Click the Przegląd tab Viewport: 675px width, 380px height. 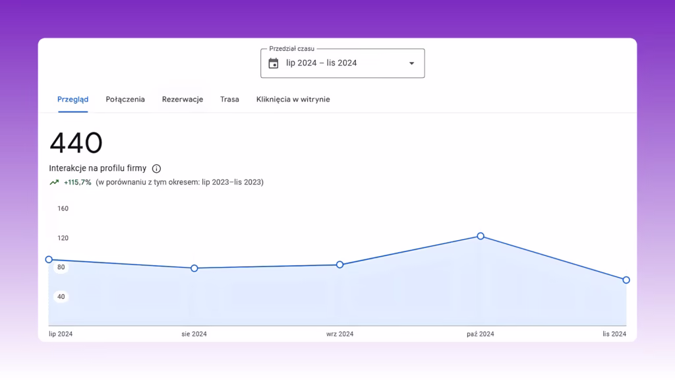[x=73, y=100]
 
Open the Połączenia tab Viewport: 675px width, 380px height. [x=125, y=100]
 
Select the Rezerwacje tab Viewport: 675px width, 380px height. [x=183, y=100]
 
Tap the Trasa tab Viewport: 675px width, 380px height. [x=229, y=100]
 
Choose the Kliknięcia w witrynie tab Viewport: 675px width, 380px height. [x=293, y=100]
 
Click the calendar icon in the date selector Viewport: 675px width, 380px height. [x=274, y=63]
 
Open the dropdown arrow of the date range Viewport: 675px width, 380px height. [x=411, y=63]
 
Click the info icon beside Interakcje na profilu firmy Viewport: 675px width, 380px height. [x=156, y=168]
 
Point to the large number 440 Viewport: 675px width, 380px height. [x=76, y=142]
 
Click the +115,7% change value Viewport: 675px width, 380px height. [x=78, y=182]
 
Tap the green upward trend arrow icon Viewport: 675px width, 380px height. [x=54, y=182]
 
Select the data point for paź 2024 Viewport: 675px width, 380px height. [x=481, y=236]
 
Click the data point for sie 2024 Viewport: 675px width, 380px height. [x=194, y=268]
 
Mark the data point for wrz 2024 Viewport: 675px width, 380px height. [x=339, y=265]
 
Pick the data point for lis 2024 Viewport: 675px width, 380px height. [x=626, y=280]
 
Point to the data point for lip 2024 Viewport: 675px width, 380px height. [x=49, y=259]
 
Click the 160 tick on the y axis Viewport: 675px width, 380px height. [x=63, y=208]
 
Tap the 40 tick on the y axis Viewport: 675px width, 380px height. [x=61, y=296]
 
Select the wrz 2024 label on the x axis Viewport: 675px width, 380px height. [x=339, y=334]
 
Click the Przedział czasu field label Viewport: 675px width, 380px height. [x=292, y=49]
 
